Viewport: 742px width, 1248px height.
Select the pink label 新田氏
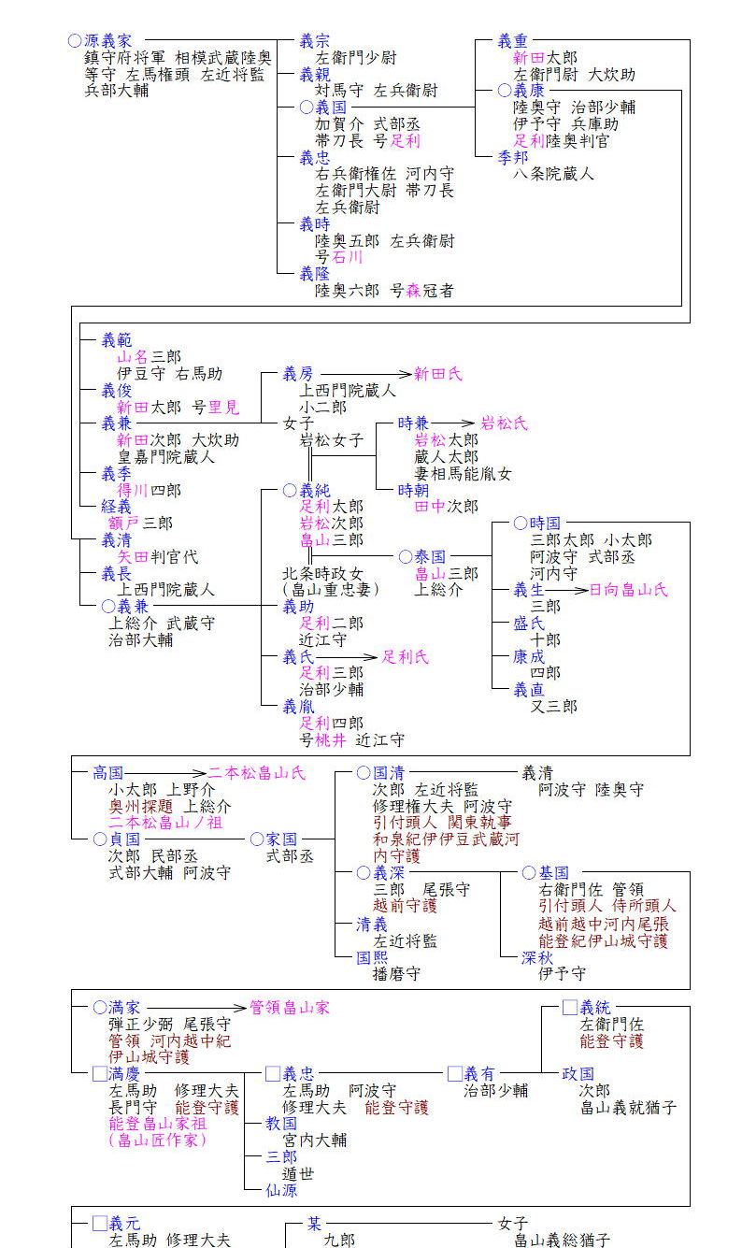[438, 374]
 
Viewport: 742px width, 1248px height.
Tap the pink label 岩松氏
[504, 423]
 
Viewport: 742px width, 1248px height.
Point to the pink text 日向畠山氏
[628, 590]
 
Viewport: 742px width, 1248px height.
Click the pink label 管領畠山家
[289, 1008]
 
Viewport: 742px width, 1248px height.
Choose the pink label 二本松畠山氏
[256, 773]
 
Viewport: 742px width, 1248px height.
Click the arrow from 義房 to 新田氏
[365, 374]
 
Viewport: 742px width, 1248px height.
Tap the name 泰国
[430, 556]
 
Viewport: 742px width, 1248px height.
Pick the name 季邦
[512, 157]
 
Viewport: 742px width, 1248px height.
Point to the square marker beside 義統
[569, 1008]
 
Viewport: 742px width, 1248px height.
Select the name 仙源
[280, 1189]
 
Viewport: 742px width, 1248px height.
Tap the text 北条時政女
[323, 573]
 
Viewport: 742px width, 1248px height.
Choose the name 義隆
[314, 274]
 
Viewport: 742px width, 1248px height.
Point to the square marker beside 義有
[454, 1074]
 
